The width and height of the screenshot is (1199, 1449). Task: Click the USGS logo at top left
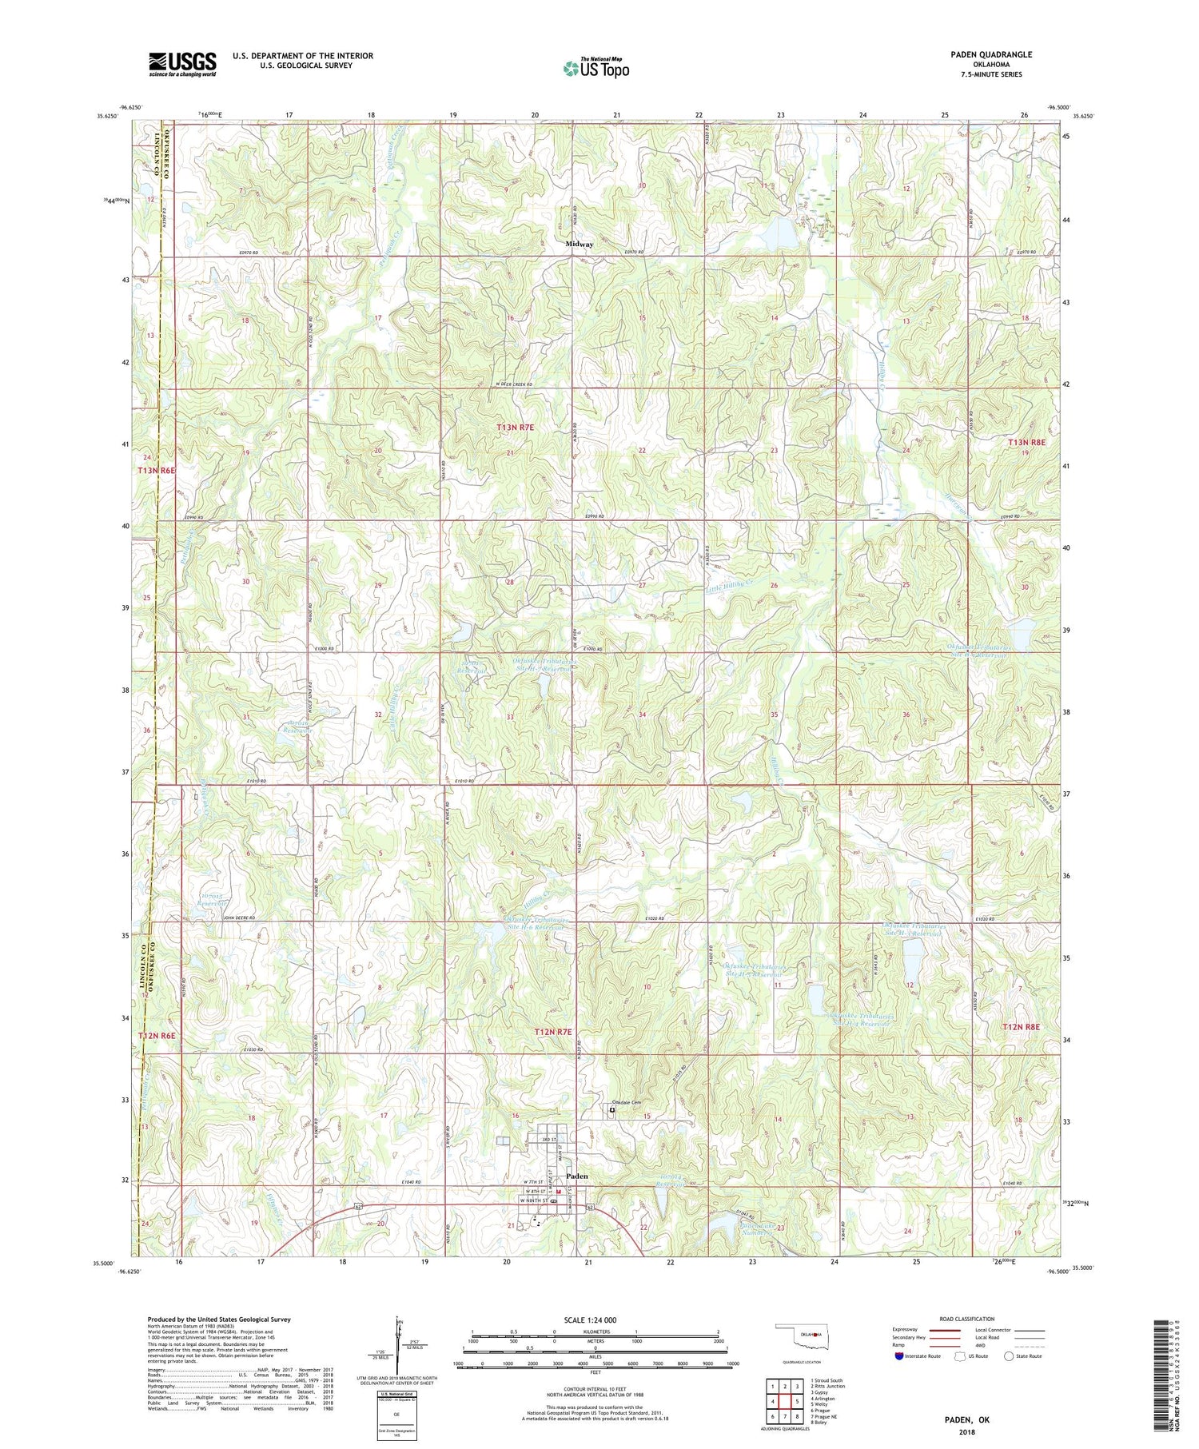tap(182, 64)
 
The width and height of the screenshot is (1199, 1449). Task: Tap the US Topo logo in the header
tap(596, 69)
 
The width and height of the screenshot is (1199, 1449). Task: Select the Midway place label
tap(580, 244)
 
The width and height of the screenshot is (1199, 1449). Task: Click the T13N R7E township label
tap(515, 428)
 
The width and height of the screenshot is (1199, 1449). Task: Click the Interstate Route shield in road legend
tap(899, 1356)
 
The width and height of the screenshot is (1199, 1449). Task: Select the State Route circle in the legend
tap(1009, 1355)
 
